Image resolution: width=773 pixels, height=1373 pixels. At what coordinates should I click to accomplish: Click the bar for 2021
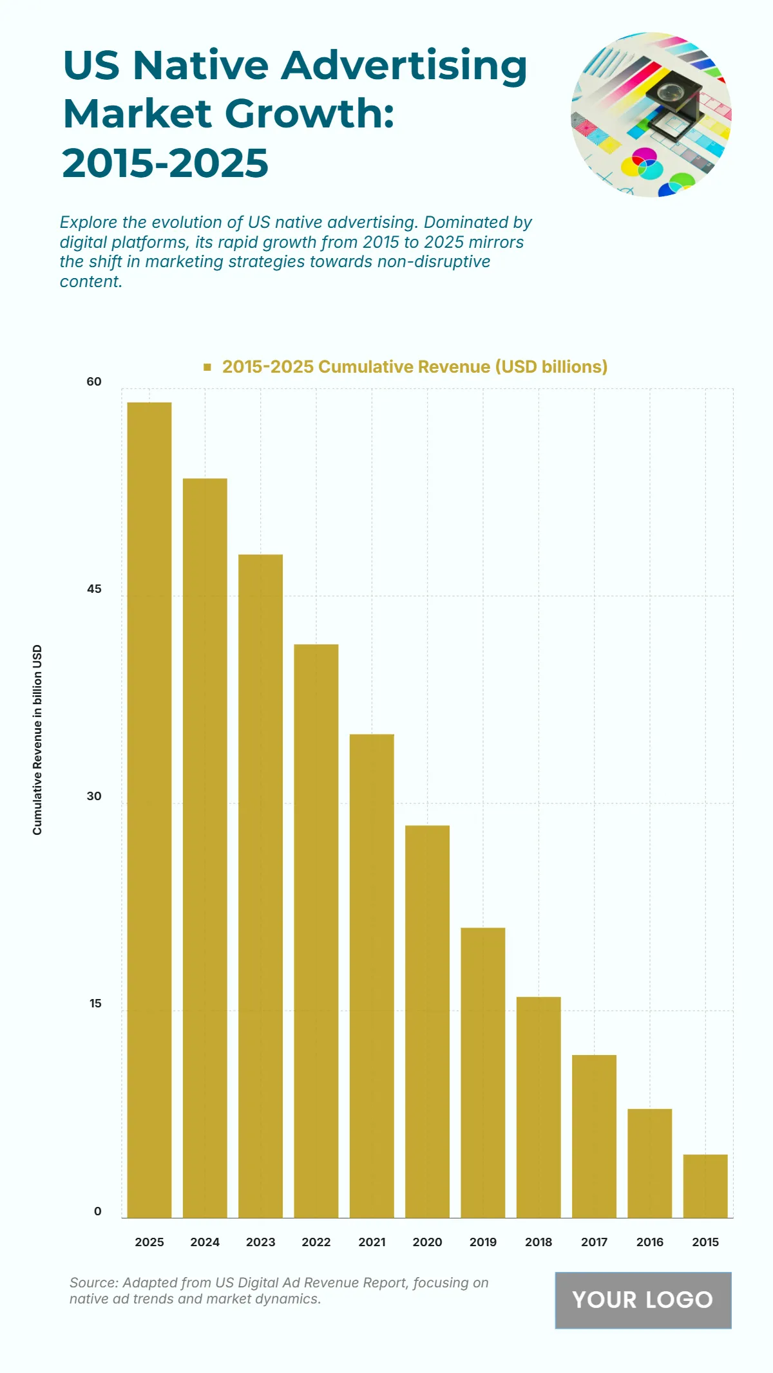coord(372,976)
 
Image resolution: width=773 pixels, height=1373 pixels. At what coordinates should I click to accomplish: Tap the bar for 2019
coord(483,1072)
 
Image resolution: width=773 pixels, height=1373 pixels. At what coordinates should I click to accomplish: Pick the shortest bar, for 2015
coord(705,1186)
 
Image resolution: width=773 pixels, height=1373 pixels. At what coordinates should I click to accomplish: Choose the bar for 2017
coord(594,1136)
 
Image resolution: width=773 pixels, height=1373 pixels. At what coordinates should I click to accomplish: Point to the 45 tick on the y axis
coord(94,589)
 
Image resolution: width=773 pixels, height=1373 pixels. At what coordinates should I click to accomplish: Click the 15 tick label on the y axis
coord(95,1004)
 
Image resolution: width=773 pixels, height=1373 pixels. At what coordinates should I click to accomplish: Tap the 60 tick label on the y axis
coord(94,382)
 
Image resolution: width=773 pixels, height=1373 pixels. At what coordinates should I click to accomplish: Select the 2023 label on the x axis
coord(260,1242)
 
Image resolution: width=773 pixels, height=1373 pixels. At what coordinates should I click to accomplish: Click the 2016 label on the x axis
coord(649,1242)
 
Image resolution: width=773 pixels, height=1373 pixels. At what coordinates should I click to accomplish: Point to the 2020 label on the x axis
coord(427,1242)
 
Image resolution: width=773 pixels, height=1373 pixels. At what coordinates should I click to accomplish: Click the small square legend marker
coord(207,367)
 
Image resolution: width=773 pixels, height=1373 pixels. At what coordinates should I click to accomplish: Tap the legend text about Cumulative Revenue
coord(415,367)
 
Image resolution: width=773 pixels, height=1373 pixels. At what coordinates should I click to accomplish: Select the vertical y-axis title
coord(37,740)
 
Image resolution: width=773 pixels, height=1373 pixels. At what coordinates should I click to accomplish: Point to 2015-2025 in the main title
coord(166,163)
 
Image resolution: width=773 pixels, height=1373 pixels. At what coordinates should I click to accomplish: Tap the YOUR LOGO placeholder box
coord(643,1300)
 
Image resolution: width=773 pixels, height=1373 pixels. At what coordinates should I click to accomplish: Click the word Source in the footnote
coord(93,1283)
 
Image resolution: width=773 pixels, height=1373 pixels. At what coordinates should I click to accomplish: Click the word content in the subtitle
coord(90,282)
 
